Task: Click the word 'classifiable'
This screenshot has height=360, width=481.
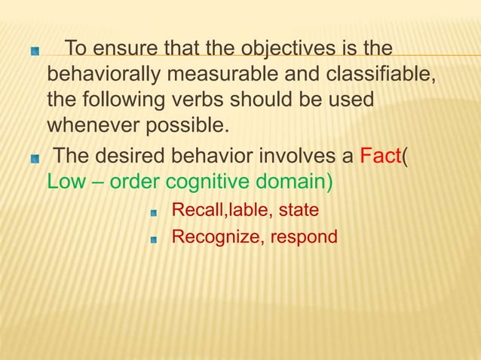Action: [364, 75]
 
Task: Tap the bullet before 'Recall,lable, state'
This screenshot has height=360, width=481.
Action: [154, 212]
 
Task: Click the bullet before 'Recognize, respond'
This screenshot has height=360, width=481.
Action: [154, 239]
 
